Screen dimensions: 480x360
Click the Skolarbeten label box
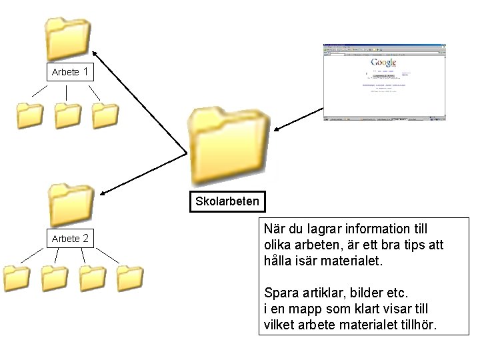[227, 201]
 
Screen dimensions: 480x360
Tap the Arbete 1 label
[70, 71]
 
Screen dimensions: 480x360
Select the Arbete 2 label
[70, 238]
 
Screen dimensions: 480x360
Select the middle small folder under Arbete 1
[67, 115]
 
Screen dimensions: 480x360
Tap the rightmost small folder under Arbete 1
[105, 115]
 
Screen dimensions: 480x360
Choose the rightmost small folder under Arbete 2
[129, 279]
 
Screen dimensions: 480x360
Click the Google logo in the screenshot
[383, 63]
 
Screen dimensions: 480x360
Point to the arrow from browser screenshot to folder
[297, 119]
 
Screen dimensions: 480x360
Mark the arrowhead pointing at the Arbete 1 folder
[95, 53]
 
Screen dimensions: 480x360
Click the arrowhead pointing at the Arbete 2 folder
[104, 194]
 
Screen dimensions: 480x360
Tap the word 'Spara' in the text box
[281, 293]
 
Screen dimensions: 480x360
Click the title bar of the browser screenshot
[383, 45]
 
